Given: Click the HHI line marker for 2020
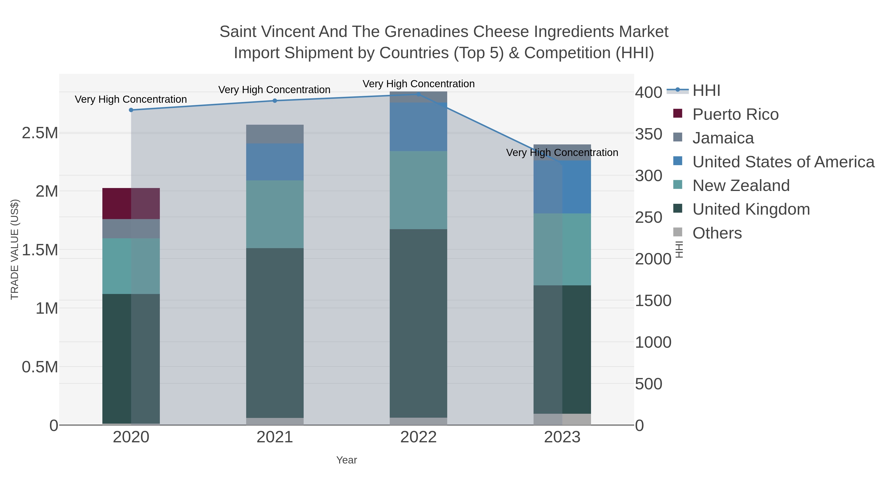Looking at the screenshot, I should click(x=131, y=110).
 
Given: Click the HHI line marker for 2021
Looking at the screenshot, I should click(x=275, y=101).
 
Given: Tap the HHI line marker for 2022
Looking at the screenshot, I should click(x=419, y=94).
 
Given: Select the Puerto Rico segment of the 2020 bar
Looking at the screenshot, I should click(x=131, y=204).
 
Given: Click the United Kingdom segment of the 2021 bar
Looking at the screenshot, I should click(x=275, y=333).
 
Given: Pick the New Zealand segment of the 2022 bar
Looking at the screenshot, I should click(x=419, y=190).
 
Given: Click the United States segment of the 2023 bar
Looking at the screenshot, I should click(x=562, y=187).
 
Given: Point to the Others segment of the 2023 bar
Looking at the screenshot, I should click(x=562, y=419).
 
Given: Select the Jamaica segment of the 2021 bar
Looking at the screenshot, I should click(x=275, y=134).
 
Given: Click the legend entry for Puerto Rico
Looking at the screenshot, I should click(x=735, y=114).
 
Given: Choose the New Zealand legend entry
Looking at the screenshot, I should click(x=740, y=186).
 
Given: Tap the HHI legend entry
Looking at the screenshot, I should click(x=706, y=91).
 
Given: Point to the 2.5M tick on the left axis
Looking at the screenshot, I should click(x=40, y=133).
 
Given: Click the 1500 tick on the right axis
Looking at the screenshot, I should click(x=653, y=301).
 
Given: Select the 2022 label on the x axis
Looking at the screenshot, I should click(x=419, y=437).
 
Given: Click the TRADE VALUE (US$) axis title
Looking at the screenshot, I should click(x=15, y=249).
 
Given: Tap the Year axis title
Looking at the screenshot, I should click(x=347, y=460).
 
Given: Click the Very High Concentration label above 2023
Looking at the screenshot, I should click(x=562, y=153).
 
